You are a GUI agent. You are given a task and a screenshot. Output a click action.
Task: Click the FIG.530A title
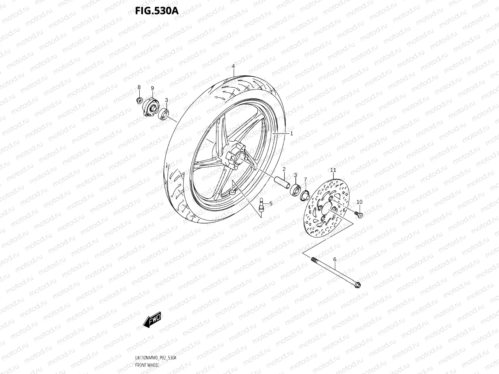point(156,11)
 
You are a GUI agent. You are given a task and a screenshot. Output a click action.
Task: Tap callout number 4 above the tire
point(243,66)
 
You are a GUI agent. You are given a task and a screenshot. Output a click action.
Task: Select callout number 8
point(139,87)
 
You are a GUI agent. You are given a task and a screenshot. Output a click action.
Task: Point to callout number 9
point(152,88)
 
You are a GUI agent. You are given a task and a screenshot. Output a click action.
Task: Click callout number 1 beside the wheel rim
point(291,133)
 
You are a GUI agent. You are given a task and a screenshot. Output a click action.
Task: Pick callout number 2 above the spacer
point(284,169)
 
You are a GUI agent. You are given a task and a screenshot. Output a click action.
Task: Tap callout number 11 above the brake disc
point(333,170)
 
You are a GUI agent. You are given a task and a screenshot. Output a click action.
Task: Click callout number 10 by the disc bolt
point(359,202)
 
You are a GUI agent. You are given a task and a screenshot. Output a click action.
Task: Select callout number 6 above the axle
point(334,259)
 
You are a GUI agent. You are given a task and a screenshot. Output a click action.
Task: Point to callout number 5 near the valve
point(271,203)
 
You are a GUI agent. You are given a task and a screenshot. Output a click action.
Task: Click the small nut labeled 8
point(139,100)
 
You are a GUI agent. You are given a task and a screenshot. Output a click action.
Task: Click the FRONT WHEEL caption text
point(147,365)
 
